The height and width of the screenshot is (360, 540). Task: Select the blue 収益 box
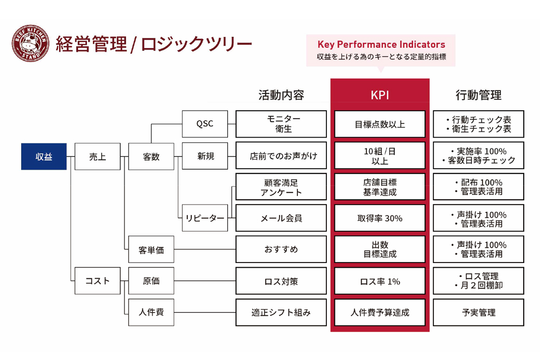point(44,157)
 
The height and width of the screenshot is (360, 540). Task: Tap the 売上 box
point(98,157)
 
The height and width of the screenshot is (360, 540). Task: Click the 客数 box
point(151,157)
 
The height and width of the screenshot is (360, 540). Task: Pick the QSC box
point(205,124)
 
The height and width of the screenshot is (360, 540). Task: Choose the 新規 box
point(205,156)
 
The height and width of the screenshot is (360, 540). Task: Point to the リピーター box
point(205,218)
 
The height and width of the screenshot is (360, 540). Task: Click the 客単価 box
point(151,250)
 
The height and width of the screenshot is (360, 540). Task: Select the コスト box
point(98,281)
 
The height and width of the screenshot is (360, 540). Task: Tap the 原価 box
point(151,281)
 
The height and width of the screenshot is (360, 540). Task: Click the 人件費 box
point(151,312)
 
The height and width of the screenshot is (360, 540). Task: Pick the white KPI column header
point(380,95)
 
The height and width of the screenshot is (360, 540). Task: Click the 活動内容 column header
point(281,95)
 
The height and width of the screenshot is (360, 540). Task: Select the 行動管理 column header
point(478,95)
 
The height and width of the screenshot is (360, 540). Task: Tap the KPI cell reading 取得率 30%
point(380,218)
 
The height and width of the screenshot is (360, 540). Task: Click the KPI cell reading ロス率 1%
point(380,281)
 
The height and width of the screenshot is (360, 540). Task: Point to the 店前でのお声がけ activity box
point(281,156)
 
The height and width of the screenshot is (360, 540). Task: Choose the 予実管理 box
point(478,312)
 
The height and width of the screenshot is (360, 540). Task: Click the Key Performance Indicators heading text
point(381,45)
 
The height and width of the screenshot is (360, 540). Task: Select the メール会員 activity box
point(281,218)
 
